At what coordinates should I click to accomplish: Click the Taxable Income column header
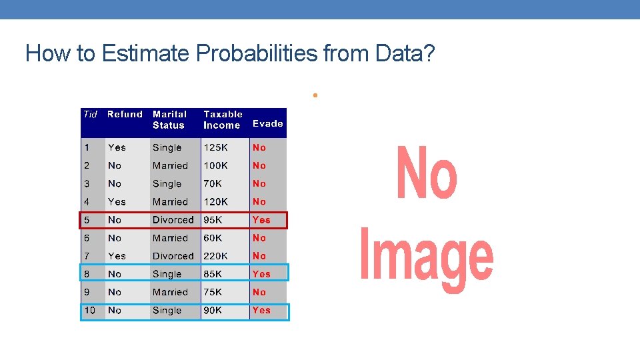click(223, 119)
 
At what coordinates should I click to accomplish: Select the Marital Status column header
click(169, 119)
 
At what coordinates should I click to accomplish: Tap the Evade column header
click(268, 123)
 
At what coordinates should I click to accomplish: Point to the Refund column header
click(125, 114)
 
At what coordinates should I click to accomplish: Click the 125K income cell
click(216, 147)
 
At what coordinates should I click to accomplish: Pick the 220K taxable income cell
click(216, 256)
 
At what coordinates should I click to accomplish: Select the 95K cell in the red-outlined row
click(213, 220)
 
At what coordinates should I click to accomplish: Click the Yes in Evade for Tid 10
click(261, 310)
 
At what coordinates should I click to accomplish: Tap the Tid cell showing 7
click(87, 256)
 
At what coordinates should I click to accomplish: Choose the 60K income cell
click(213, 238)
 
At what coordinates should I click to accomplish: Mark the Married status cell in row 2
click(170, 165)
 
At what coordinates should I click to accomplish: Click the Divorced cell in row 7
click(173, 256)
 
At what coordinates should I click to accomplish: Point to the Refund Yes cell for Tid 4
click(117, 201)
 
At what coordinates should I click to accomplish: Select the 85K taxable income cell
click(213, 274)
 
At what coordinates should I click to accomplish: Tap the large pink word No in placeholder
click(427, 174)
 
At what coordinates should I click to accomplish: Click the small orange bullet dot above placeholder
click(313, 95)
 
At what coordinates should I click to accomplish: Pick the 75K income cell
click(213, 292)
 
